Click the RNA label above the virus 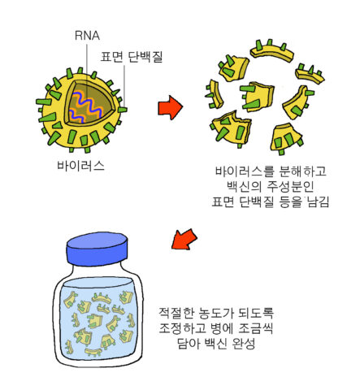[x=87, y=36]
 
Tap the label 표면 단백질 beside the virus [x=132, y=57]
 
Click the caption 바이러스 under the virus [x=80, y=166]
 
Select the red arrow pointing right [x=171, y=107]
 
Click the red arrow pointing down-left [x=184, y=239]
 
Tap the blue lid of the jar [x=97, y=249]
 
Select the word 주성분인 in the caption [x=290, y=186]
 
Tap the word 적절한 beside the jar [x=176, y=313]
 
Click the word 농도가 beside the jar [x=216, y=313]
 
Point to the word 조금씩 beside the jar [x=256, y=328]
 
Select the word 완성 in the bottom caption [x=244, y=344]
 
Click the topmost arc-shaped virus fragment [x=271, y=51]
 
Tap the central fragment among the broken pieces [x=257, y=96]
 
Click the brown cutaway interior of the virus [x=89, y=104]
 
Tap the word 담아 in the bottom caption [x=189, y=344]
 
